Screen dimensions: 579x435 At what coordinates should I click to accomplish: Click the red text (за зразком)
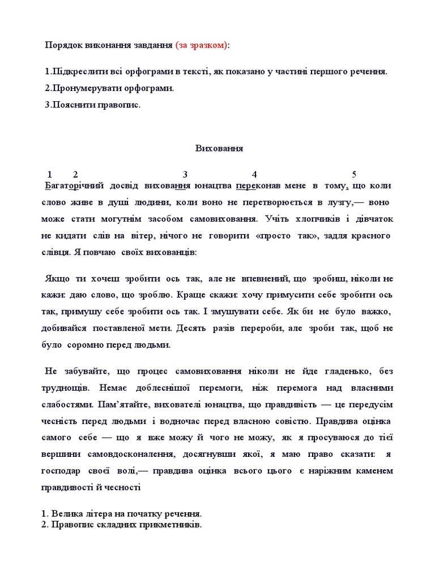[x=202, y=45]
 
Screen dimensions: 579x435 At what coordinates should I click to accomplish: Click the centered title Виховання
[x=219, y=149]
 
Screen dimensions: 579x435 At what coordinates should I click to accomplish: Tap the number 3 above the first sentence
[x=185, y=174]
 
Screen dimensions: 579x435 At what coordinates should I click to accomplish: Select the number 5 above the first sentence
[x=354, y=174]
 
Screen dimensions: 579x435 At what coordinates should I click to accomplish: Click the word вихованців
[x=170, y=252]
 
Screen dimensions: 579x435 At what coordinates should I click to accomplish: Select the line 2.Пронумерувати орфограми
[x=109, y=89]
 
